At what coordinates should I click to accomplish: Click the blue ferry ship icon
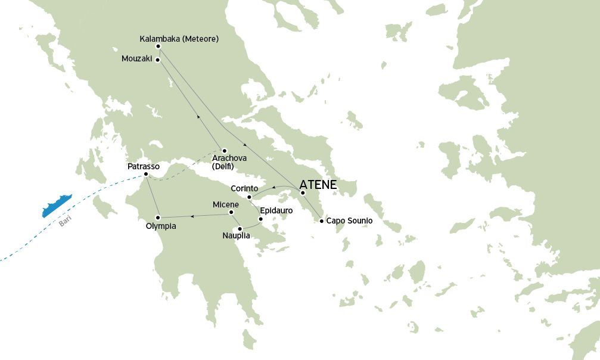tap(57, 206)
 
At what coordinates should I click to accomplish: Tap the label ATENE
tap(318, 185)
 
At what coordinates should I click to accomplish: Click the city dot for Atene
tap(303, 193)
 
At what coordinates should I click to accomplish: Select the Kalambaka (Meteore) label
tap(179, 39)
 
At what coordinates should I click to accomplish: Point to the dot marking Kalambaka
tap(158, 46)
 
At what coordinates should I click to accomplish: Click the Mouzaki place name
tap(138, 60)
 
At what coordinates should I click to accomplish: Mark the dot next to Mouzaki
tap(158, 60)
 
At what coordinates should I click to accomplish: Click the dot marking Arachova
tap(224, 150)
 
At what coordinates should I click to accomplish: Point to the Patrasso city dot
tap(146, 174)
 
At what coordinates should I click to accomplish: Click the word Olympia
tap(161, 226)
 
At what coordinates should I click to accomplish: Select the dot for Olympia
tap(158, 217)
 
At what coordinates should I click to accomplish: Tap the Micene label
tap(226, 204)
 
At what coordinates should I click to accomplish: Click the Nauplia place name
tap(236, 236)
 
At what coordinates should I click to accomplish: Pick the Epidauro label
tap(276, 210)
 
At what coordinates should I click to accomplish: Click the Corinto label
tap(244, 189)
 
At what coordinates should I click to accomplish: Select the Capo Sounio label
tap(349, 221)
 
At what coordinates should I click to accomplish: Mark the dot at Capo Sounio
tap(322, 221)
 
